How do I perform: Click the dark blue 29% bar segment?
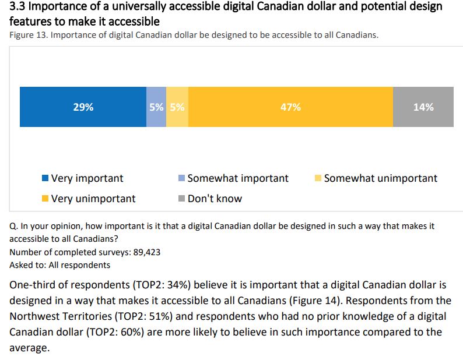[x=83, y=107]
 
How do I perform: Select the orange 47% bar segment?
[x=290, y=107]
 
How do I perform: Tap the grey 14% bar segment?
[x=423, y=107]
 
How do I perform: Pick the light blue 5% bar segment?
[x=156, y=107]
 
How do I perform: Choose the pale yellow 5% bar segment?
[x=177, y=107]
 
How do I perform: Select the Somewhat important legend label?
[x=237, y=178]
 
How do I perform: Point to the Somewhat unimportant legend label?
[x=380, y=178]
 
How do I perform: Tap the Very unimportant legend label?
[x=93, y=199]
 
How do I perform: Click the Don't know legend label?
[x=215, y=199]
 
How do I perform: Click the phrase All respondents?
[x=82, y=265]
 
